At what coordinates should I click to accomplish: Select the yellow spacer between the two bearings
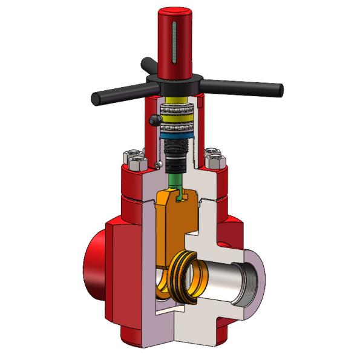coord(176,102)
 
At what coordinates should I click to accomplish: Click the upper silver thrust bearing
coord(176,111)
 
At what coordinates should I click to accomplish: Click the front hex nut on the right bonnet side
coord(215,162)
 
